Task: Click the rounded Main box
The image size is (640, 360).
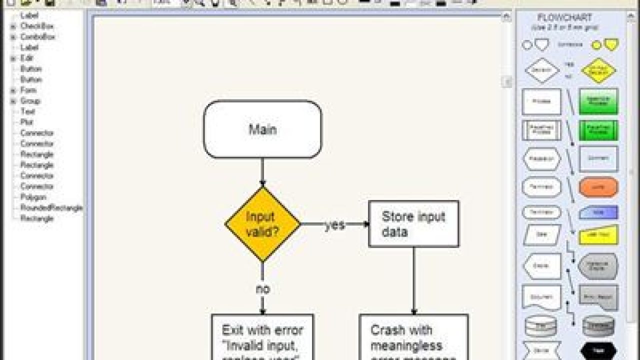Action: [262, 129]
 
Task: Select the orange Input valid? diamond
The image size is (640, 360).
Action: [262, 224]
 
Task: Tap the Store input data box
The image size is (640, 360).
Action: [413, 224]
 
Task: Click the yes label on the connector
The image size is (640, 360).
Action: [334, 225]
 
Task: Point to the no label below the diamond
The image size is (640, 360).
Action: [262, 289]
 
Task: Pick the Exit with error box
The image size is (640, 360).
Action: [262, 337]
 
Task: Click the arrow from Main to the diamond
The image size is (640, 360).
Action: [262, 172]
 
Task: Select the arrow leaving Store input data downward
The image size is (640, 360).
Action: [413, 280]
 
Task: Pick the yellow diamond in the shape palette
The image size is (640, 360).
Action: [598, 70]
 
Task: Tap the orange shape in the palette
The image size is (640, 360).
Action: [598, 187]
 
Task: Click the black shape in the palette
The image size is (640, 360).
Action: [598, 351]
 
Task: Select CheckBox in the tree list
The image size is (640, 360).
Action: [37, 26]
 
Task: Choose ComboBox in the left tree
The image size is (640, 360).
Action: [37, 37]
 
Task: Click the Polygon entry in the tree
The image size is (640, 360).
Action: [33, 197]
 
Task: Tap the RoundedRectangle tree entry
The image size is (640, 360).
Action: [51, 207]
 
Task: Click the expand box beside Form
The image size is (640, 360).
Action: [13, 90]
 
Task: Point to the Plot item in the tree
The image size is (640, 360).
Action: [26, 122]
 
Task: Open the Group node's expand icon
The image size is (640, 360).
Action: [13, 101]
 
